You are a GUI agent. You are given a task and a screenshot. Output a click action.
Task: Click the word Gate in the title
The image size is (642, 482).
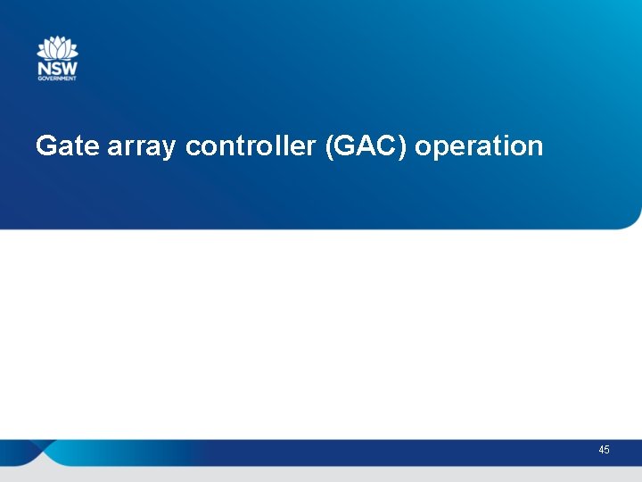click(x=68, y=146)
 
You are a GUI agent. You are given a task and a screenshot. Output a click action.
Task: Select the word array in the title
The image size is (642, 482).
click(x=142, y=146)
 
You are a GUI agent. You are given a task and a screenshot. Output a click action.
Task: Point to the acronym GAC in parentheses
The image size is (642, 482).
click(x=366, y=146)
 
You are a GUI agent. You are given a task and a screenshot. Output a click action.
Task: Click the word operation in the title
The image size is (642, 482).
click(x=479, y=146)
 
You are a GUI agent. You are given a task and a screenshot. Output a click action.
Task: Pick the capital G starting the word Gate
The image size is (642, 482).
click(x=45, y=146)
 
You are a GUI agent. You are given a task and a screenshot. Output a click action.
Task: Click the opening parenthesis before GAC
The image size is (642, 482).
click(x=330, y=146)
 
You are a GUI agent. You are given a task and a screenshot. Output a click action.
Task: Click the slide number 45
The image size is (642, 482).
click(x=605, y=450)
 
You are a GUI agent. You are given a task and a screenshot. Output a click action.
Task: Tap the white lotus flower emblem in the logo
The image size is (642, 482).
click(x=57, y=48)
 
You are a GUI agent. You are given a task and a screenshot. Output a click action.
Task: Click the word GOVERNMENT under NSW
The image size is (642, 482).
click(x=57, y=79)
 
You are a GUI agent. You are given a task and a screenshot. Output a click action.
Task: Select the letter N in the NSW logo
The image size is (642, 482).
click(x=43, y=68)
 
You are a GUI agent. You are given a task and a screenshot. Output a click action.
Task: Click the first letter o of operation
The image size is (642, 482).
click(x=423, y=147)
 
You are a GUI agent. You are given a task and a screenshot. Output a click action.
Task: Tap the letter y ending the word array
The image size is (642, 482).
click(x=169, y=149)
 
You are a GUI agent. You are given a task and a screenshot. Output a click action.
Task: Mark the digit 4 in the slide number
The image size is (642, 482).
click(x=602, y=450)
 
